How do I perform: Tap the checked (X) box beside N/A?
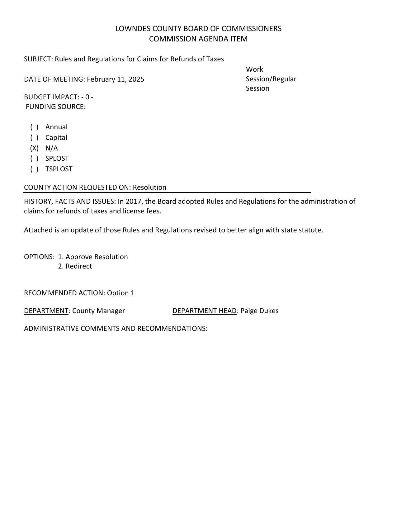[34, 148]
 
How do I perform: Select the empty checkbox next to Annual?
[34, 127]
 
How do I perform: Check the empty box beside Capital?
[34, 138]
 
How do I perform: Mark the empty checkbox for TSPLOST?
[34, 169]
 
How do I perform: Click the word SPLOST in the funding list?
[57, 159]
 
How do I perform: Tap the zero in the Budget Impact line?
[87, 97]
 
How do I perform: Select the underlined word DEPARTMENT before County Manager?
[46, 311]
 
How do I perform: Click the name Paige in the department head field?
[248, 311]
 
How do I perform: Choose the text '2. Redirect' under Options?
[75, 266]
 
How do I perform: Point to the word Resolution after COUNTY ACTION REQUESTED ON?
[149, 188]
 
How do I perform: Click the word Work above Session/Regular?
[254, 69]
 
